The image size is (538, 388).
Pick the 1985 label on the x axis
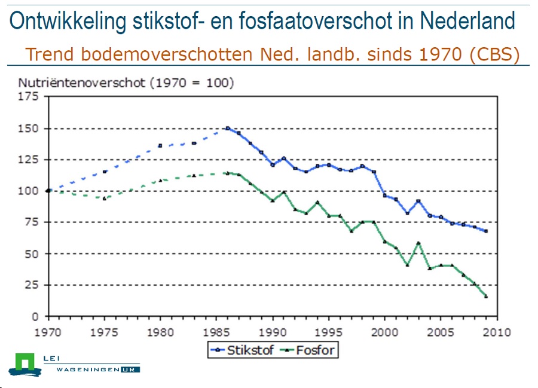point(216,332)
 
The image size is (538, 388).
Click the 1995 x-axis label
point(328,332)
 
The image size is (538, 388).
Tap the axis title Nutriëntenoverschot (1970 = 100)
point(126,83)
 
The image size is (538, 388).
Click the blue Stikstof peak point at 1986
point(228,128)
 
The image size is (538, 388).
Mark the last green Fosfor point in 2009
point(486,297)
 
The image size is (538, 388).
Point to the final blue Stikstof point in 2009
point(486,231)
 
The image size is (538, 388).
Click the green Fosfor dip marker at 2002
point(407,264)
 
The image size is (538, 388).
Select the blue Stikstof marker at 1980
point(160,145)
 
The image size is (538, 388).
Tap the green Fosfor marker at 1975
point(104,198)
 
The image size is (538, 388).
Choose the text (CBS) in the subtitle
point(494,54)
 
